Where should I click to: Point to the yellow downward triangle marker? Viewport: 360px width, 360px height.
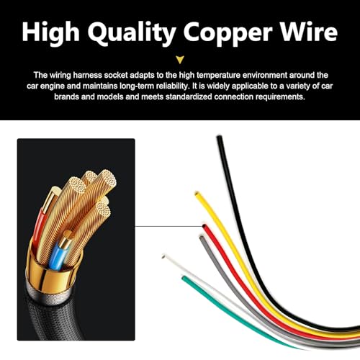pyautogui.click(x=180, y=60)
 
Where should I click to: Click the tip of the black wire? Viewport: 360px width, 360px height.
pyautogui.click(x=219, y=138)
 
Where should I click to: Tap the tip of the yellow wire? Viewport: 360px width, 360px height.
pyautogui.click(x=197, y=193)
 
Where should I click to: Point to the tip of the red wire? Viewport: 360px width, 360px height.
pyautogui.click(x=204, y=226)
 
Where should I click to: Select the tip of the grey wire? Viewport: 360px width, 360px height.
pyautogui.click(x=202, y=238)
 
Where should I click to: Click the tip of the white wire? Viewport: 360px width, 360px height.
pyautogui.click(x=163, y=256)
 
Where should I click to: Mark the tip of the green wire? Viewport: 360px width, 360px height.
pyautogui.click(x=184, y=278)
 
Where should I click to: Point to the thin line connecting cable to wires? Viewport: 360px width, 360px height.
pyautogui.click(x=168, y=226)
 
